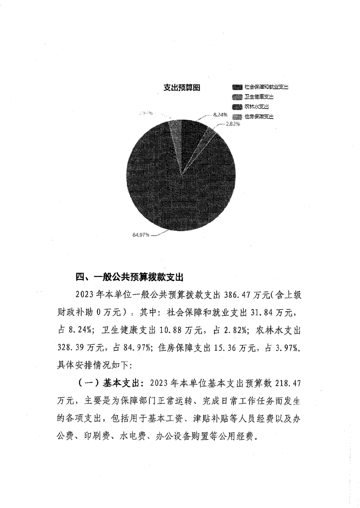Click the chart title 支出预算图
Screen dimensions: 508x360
(x=182, y=87)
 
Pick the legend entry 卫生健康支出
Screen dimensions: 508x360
(x=259, y=97)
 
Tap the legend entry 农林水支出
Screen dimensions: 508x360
(x=257, y=106)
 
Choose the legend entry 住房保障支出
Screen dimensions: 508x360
(x=259, y=116)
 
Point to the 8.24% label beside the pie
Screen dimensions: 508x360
(x=220, y=115)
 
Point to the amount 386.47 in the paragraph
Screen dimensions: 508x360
(x=234, y=295)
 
